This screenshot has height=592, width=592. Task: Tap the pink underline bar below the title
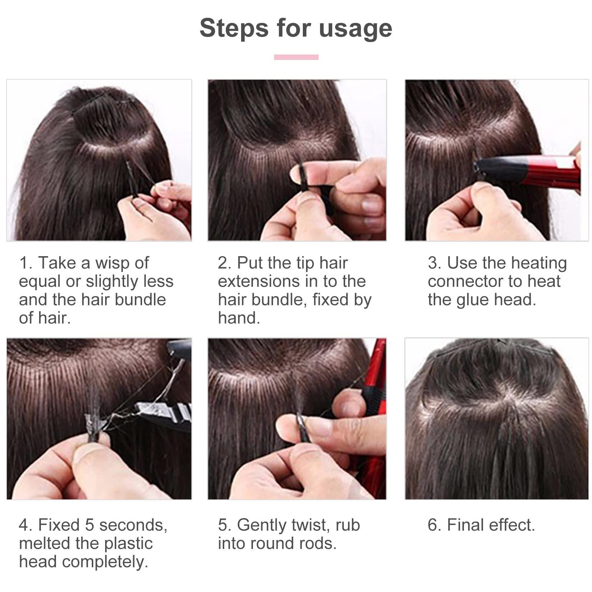click(x=296, y=57)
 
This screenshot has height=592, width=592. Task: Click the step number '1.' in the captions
click(x=26, y=263)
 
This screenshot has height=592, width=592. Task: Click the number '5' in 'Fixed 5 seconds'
click(x=90, y=525)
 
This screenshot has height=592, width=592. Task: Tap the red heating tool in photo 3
click(x=553, y=172)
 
